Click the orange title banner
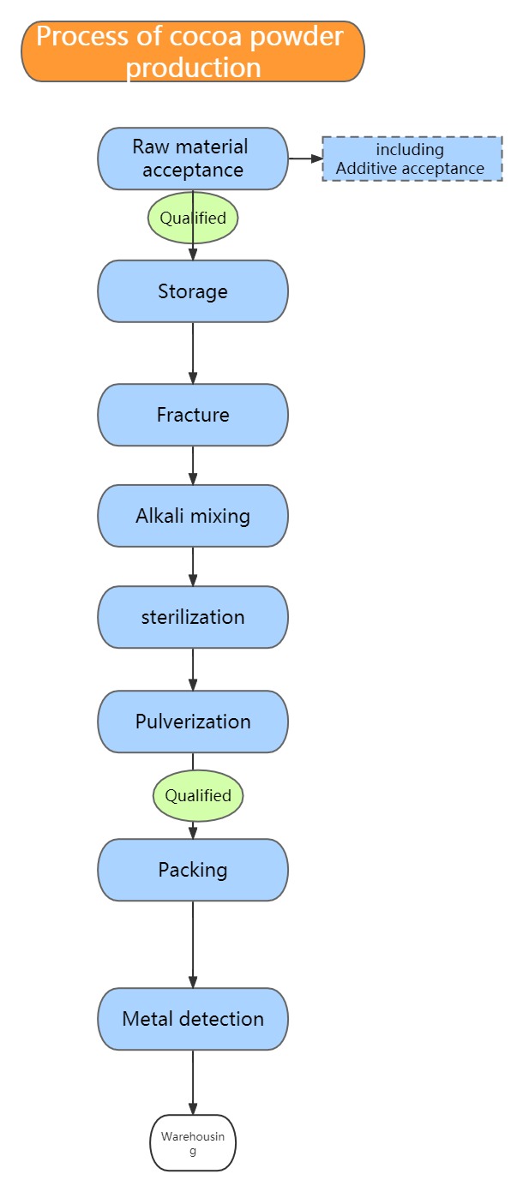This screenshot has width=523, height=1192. [x=193, y=51]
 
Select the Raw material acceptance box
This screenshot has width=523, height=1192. [x=193, y=159]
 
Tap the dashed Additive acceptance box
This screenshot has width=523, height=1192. [x=412, y=159]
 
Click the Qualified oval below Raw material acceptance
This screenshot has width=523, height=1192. [x=193, y=218]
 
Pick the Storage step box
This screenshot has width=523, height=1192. [x=193, y=291]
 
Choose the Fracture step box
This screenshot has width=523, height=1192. [x=193, y=415]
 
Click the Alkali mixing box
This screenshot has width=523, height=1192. [x=193, y=516]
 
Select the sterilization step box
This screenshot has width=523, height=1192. [x=193, y=617]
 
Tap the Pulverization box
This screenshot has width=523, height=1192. [x=193, y=722]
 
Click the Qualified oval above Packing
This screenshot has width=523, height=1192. [x=198, y=795]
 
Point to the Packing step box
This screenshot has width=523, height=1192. [x=193, y=870]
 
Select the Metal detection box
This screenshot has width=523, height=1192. [x=193, y=1019]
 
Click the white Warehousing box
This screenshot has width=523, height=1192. [x=193, y=1143]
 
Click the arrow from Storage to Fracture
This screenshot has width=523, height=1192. [x=193, y=353]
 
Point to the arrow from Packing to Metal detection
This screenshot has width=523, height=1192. [x=193, y=944]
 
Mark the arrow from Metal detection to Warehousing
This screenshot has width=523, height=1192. [x=193, y=1082]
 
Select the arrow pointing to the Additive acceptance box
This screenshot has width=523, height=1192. [x=306, y=159]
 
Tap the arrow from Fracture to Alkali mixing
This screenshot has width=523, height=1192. [x=193, y=465]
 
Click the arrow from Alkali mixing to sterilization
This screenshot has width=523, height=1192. [x=193, y=566]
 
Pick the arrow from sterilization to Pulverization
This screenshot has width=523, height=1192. [x=193, y=669]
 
